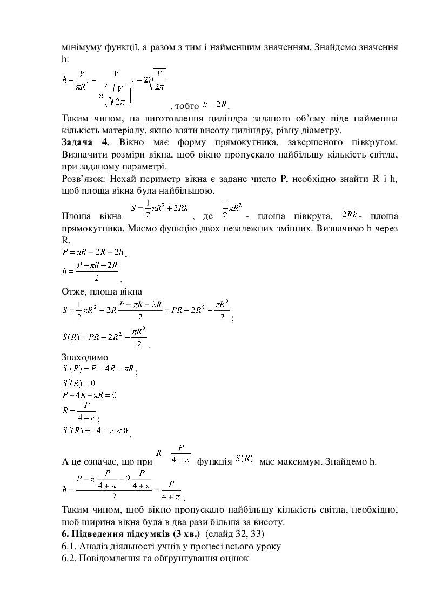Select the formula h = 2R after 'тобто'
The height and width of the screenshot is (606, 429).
216,104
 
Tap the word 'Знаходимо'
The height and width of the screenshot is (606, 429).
85,357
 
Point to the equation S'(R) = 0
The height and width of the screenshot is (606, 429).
79,383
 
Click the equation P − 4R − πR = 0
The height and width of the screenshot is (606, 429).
90,394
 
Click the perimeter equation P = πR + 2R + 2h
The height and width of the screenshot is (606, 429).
93,251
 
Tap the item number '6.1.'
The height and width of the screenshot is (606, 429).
69,546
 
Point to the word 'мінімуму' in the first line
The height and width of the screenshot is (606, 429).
84,47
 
